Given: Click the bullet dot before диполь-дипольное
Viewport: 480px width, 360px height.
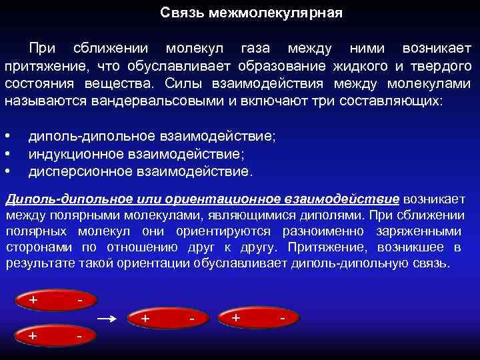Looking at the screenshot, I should click(x=7, y=136).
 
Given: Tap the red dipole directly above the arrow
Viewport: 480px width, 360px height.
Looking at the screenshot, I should click(x=57, y=301).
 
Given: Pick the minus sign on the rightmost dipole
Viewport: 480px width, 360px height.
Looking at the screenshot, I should click(x=283, y=319).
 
